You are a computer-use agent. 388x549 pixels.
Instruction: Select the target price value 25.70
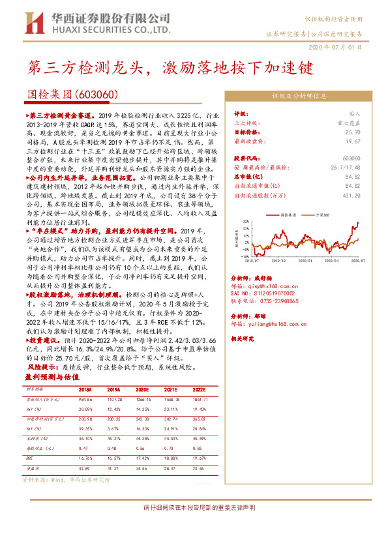click(x=353, y=131)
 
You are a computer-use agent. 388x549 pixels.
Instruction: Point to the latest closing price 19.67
click(x=353, y=140)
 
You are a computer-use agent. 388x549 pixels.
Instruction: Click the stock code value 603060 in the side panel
click(x=351, y=158)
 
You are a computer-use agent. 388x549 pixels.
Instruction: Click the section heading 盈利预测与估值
click(x=52, y=377)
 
